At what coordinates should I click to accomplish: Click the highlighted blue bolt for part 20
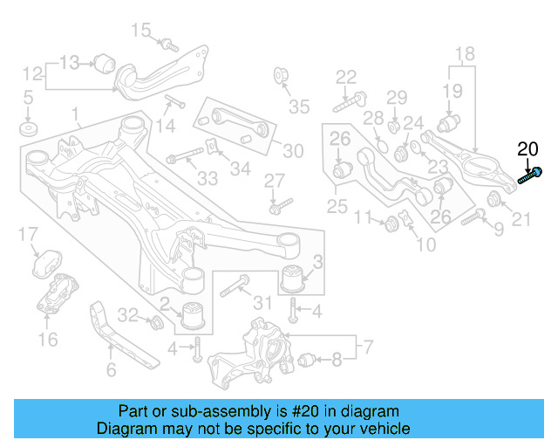click(x=531, y=175)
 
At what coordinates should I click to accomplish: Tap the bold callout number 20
click(x=528, y=148)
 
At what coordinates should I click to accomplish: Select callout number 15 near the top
click(x=141, y=31)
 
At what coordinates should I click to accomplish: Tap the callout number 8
click(x=337, y=357)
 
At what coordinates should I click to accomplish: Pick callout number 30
click(x=293, y=151)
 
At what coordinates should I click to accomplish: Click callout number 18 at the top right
click(x=464, y=52)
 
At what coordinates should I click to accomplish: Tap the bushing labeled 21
click(x=494, y=197)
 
